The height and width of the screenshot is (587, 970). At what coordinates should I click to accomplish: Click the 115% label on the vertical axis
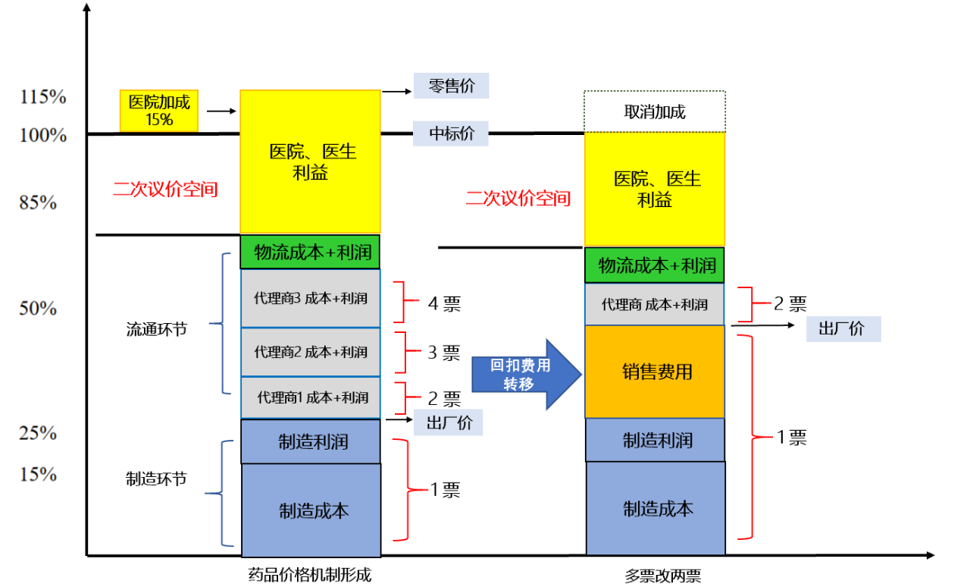coord(43,97)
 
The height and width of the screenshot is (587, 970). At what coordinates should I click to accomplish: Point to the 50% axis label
coord(39,309)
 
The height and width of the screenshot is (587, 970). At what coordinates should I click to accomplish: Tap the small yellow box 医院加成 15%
coord(159,111)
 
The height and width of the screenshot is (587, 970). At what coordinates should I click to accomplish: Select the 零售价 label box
coord(451,86)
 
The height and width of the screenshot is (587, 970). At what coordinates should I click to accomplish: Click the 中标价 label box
coord(451,133)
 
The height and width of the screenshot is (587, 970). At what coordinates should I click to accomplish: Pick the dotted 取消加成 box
coord(655,111)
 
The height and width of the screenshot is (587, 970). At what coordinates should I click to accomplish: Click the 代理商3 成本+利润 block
coord(311,298)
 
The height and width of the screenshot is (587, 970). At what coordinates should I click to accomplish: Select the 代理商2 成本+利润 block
coord(311,352)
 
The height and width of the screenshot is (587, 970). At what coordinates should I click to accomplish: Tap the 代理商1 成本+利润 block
coord(311,397)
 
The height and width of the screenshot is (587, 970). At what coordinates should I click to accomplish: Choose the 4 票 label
coord(444,304)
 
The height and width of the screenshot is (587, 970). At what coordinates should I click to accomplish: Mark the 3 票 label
coord(444,353)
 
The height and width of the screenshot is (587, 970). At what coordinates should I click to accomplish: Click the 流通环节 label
coord(156,330)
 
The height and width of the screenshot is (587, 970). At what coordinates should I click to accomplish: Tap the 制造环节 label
coord(156,479)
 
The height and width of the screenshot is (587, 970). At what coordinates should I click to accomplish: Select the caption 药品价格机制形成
coord(310,574)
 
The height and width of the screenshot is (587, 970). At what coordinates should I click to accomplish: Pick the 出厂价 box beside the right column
coord(843,329)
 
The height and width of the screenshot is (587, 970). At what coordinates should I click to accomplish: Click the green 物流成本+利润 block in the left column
coord(311,253)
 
